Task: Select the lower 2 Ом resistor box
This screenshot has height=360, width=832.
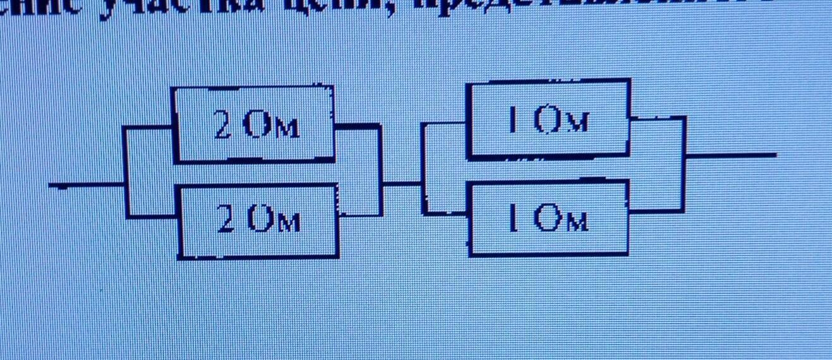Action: [x=258, y=221]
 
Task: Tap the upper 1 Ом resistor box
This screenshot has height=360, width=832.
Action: [x=548, y=118]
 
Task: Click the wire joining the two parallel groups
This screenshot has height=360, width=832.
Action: [x=402, y=184]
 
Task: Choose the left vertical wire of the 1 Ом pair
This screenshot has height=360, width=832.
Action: [x=423, y=168]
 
